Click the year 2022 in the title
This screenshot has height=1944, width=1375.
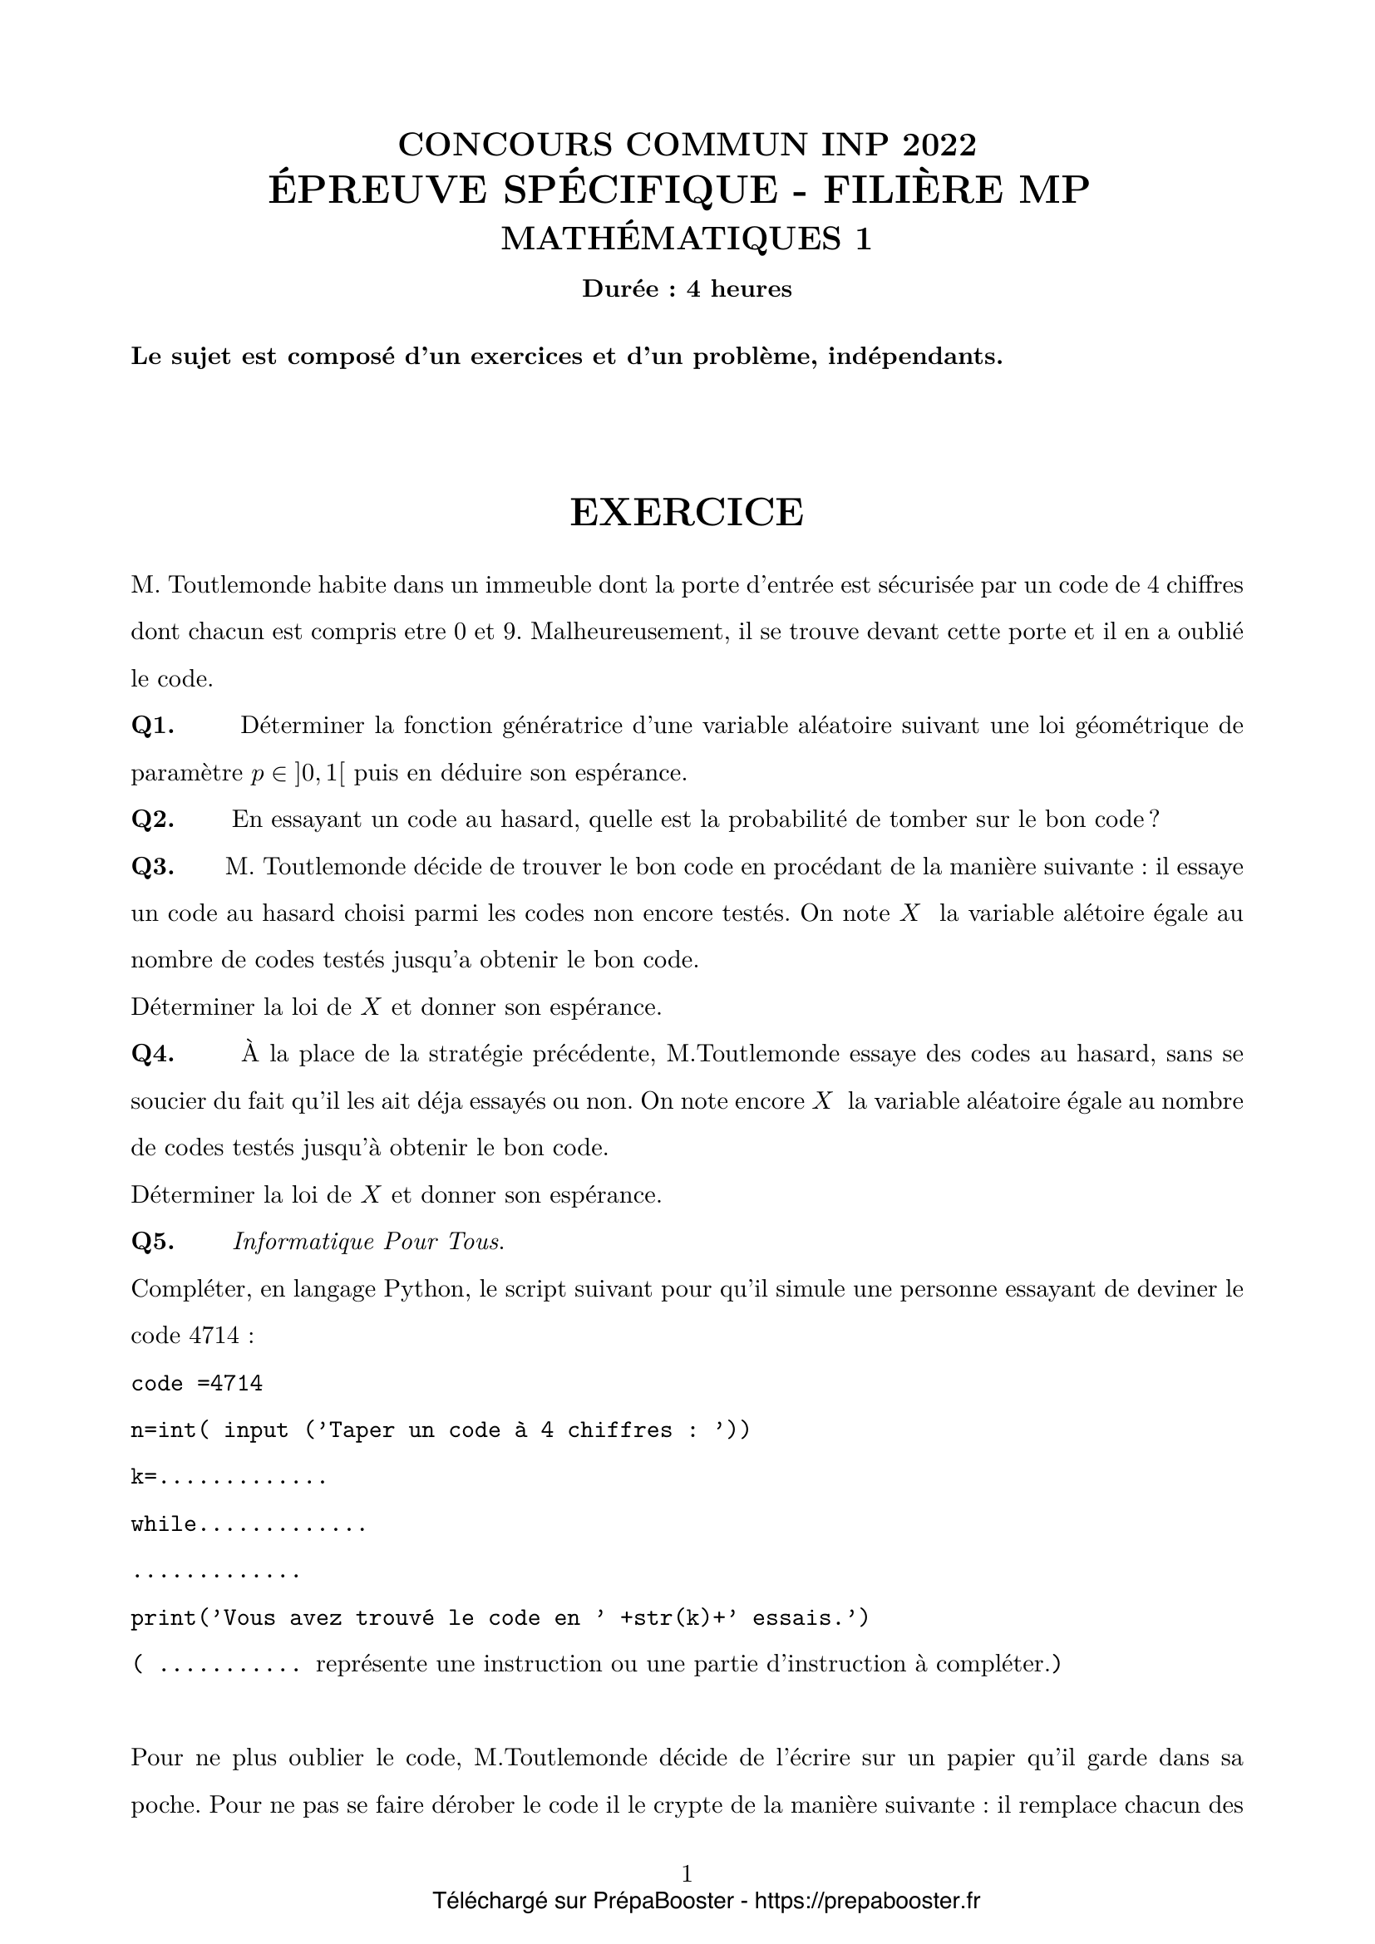[x=939, y=145]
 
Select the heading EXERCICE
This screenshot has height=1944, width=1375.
[x=687, y=512]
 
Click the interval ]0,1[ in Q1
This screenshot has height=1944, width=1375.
[x=321, y=774]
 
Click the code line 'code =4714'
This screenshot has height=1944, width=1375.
[x=196, y=1384]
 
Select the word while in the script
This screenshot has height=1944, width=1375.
[x=164, y=1525]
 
